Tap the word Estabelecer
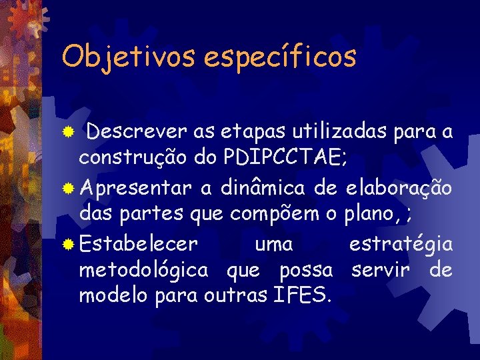[138, 244]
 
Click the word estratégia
[401, 244]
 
